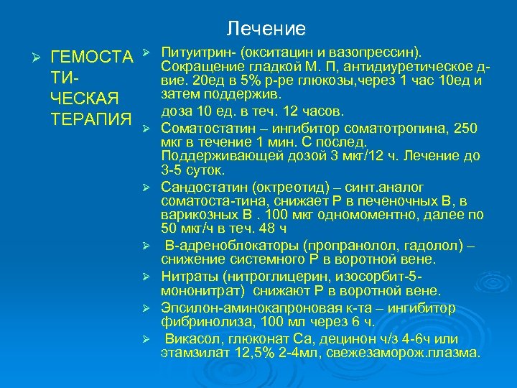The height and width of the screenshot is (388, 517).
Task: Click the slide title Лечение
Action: click(x=266, y=29)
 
